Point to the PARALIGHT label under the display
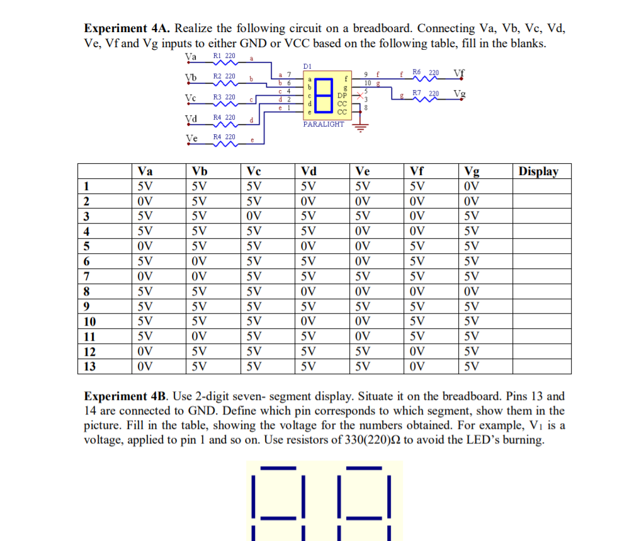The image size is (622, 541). coord(324,124)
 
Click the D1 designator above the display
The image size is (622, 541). coord(307,65)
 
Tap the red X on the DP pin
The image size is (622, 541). coord(359,94)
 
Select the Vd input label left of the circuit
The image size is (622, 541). coord(191,119)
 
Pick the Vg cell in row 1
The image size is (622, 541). coord(471,186)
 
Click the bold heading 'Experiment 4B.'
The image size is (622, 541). coord(127,397)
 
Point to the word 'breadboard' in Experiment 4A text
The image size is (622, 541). coord(382,29)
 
